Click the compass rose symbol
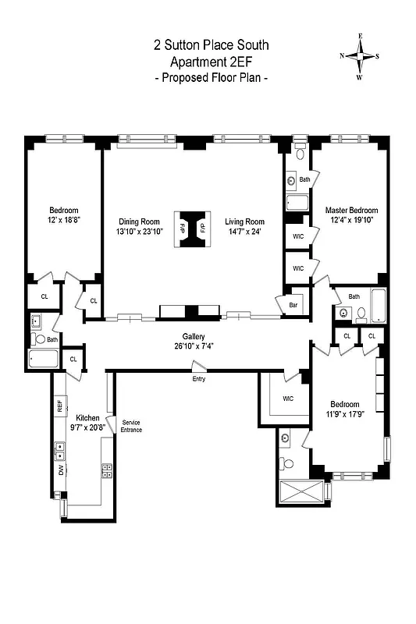tap(360, 56)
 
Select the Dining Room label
tap(139, 221)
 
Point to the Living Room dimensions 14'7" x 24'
tap(245, 232)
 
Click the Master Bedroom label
tap(351, 211)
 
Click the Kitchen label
tap(87, 417)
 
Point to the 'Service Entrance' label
tap(131, 426)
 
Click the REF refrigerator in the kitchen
tap(59, 406)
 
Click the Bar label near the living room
tap(294, 305)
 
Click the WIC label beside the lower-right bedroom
tap(287, 399)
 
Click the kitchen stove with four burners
tap(106, 470)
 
